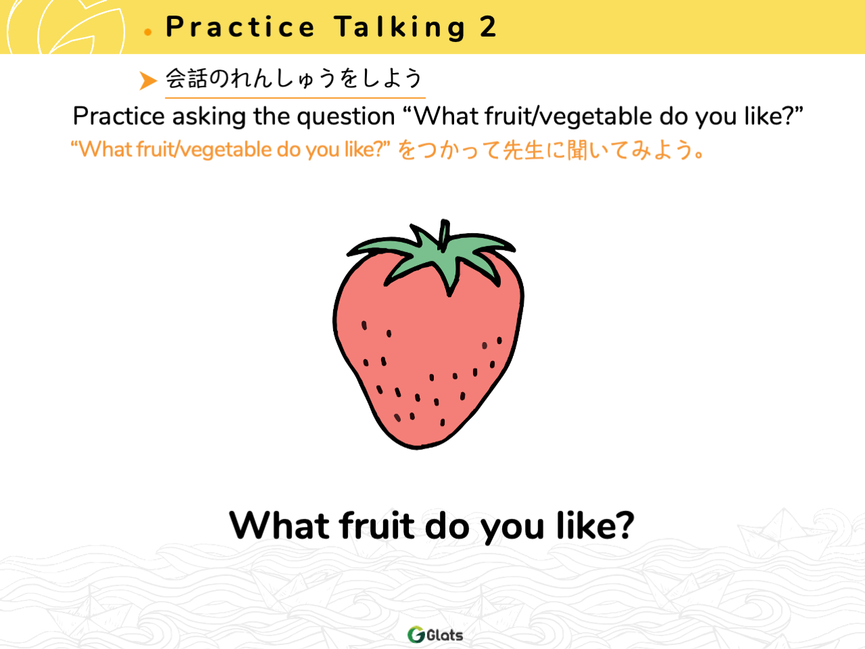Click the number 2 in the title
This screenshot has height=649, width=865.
point(488,27)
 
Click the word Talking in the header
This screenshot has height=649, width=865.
point(400,28)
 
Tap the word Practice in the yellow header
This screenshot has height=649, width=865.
point(241,27)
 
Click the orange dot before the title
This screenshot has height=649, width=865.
point(148,32)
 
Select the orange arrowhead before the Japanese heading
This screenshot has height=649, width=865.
point(148,80)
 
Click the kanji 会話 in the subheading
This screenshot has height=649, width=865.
point(186,78)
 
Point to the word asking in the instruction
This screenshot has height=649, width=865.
point(209,117)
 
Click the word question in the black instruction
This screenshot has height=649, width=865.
point(345,118)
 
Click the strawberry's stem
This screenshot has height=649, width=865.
point(444,235)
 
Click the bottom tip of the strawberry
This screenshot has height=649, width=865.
point(417,448)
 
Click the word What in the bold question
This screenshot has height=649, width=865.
point(279,525)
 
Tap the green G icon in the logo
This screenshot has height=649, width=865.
point(416,634)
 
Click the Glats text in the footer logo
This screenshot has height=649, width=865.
point(445,635)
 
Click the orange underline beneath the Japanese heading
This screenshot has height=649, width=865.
point(295,97)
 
